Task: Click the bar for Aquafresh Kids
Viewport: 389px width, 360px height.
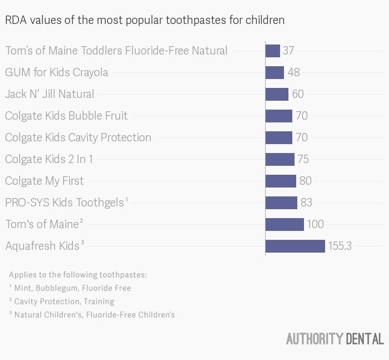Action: pos(295,246)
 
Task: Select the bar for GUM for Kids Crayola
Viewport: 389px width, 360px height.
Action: pos(275,72)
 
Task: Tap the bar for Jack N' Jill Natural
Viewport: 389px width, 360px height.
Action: pos(277,94)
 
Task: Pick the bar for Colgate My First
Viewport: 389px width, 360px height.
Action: pos(281,181)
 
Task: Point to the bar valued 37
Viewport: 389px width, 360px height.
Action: pos(273,51)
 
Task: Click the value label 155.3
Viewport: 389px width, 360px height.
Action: pos(340,246)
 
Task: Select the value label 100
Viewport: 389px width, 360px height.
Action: pos(315,224)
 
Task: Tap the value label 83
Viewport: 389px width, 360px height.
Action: pos(306,203)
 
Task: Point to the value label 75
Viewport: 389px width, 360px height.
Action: pos(303,159)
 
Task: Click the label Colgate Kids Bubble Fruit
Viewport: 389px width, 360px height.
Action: pos(66,116)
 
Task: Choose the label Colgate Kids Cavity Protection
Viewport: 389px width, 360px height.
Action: pos(78,137)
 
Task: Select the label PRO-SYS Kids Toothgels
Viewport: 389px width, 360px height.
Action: pos(64,203)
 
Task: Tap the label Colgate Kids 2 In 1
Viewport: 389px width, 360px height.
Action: pos(49,159)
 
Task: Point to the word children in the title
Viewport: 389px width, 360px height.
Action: pos(265,20)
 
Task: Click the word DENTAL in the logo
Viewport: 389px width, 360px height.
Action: pos(365,339)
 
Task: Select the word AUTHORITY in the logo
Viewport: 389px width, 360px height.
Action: pos(315,339)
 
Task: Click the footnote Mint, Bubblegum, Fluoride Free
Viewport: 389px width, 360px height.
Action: pos(72,288)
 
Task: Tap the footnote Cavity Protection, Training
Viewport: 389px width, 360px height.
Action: pos(64,302)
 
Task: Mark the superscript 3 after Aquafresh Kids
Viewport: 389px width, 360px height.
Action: pos(83,242)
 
